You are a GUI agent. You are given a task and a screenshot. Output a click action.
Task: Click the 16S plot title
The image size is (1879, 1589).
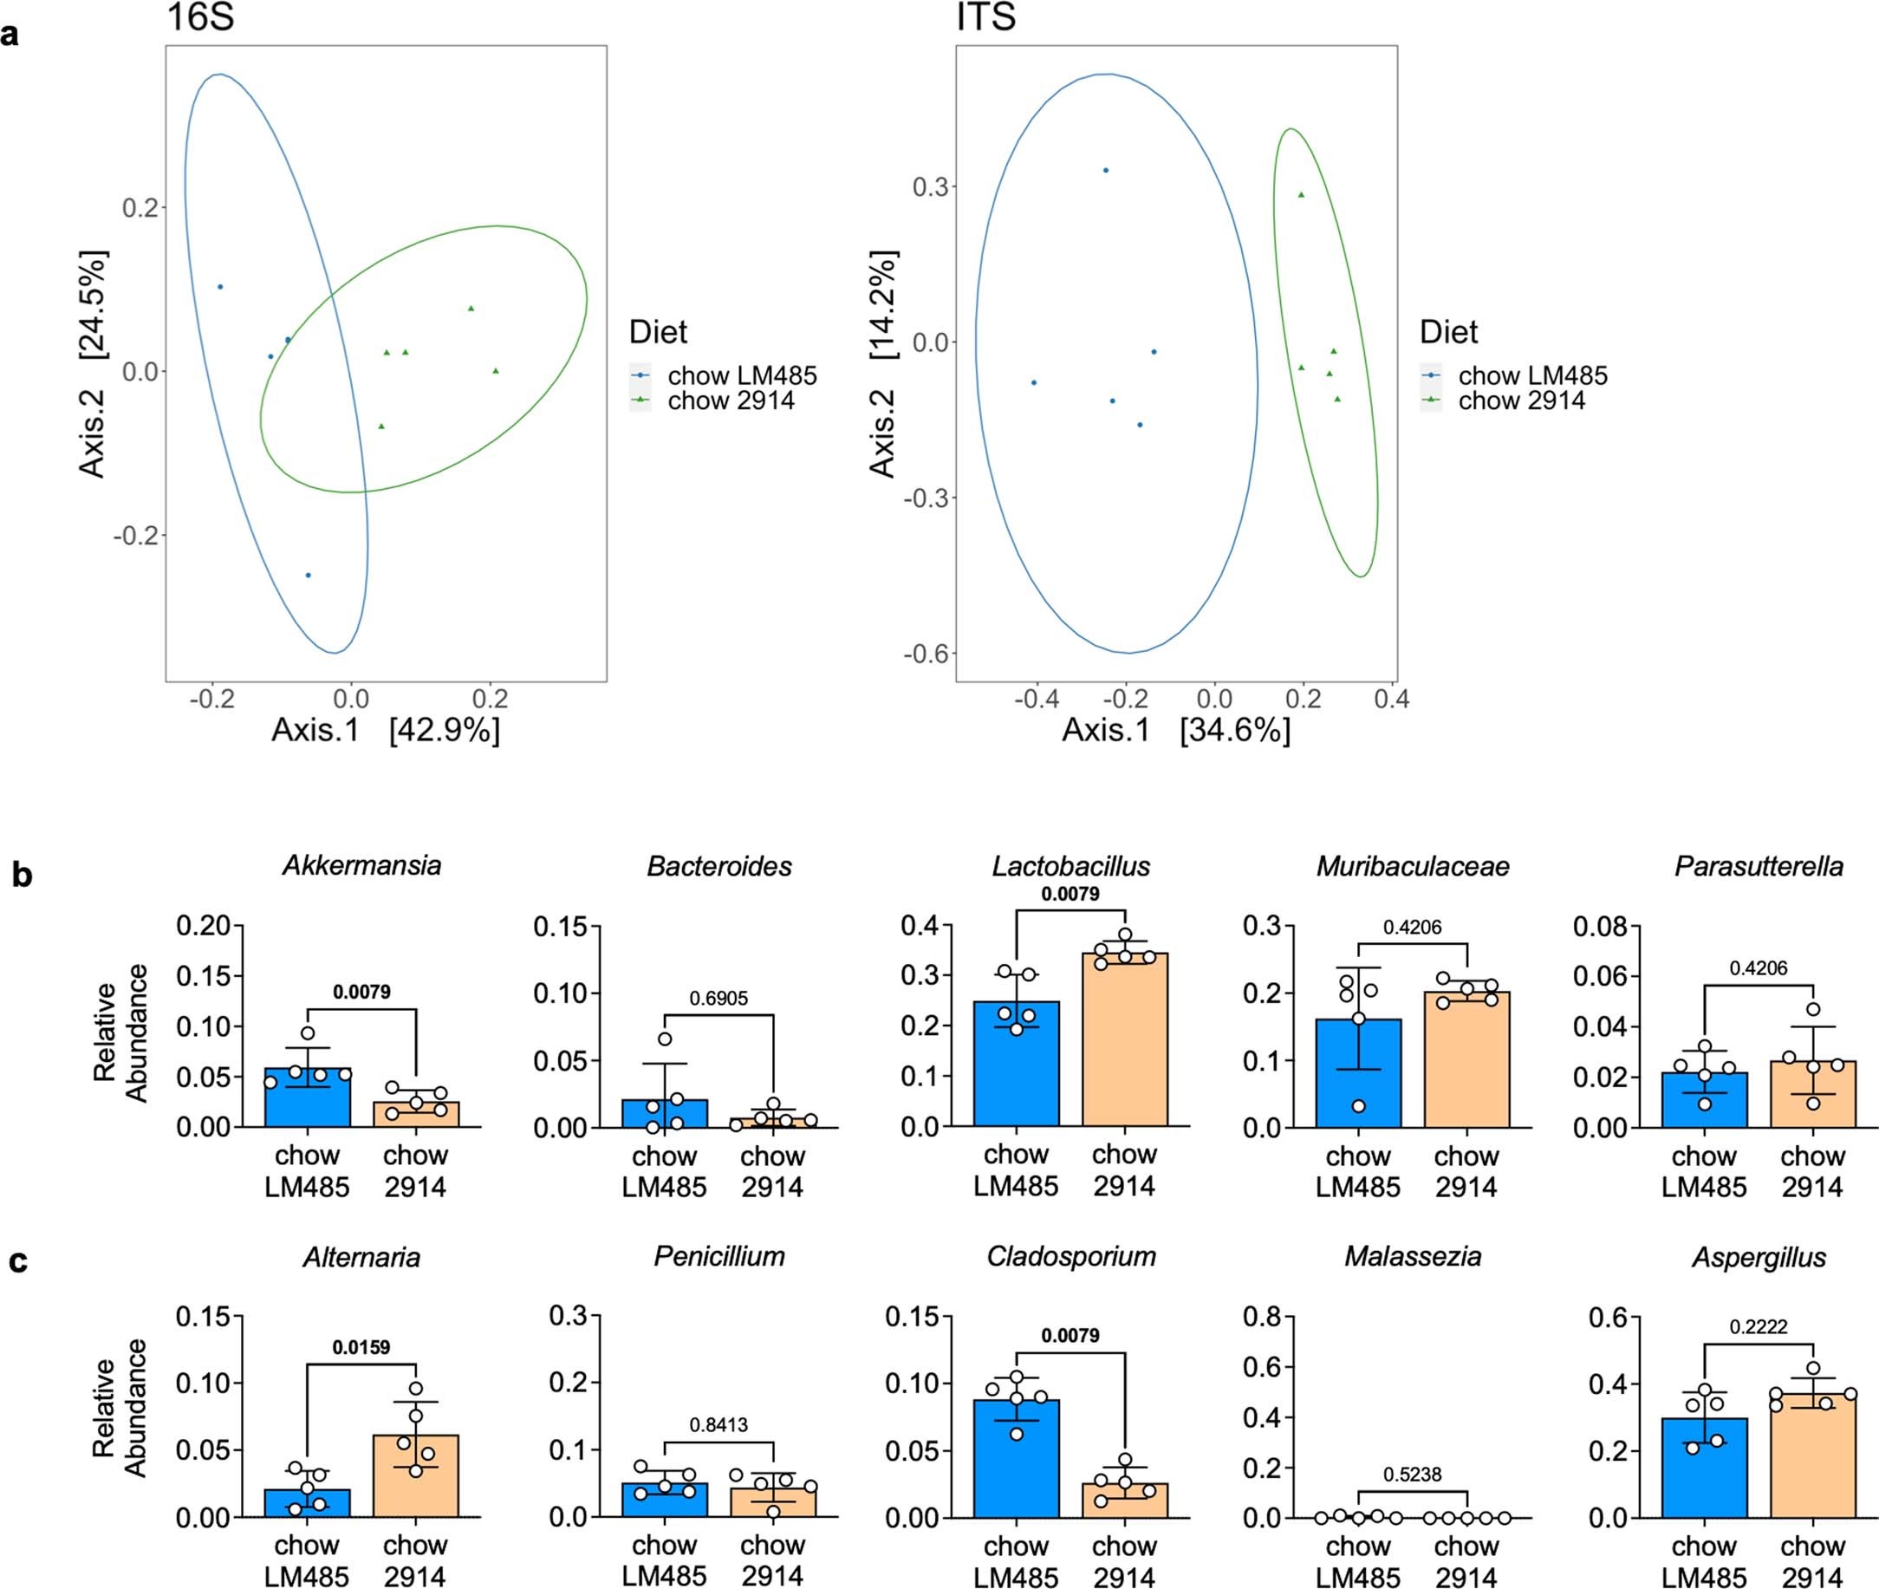click(200, 17)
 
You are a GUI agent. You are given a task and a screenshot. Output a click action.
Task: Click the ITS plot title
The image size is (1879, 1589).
click(985, 17)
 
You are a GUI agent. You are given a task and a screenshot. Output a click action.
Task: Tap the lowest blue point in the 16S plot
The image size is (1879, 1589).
click(308, 575)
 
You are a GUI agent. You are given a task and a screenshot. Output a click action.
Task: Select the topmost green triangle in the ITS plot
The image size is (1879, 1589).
click(1301, 194)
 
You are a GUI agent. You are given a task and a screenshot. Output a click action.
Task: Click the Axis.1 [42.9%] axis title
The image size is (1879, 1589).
click(386, 729)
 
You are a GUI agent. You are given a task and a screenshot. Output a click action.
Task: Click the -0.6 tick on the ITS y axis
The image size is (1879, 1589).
click(926, 653)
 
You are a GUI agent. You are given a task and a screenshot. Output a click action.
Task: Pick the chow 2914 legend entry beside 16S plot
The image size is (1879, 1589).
click(731, 401)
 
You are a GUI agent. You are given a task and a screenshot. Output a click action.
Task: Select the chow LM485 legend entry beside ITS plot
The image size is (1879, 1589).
click(1532, 374)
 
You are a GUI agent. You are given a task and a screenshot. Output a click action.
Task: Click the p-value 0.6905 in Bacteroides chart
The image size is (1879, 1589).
click(718, 998)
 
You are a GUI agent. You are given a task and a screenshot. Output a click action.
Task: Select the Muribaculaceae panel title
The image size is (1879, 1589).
click(1412, 866)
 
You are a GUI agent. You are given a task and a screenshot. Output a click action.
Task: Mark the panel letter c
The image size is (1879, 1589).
click(18, 1261)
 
